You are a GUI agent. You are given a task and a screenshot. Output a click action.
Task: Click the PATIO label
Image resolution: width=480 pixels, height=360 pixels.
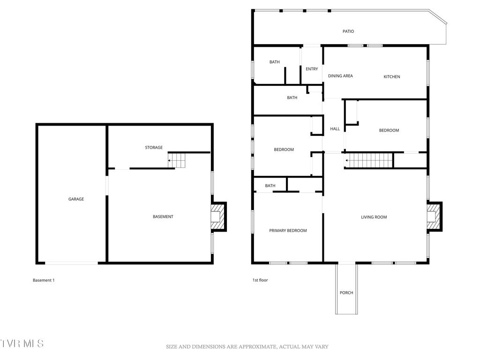[348, 31]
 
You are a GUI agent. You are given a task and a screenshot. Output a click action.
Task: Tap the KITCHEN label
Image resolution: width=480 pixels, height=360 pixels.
[392, 76]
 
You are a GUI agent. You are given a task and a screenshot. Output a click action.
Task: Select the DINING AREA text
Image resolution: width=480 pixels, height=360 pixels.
[340, 76]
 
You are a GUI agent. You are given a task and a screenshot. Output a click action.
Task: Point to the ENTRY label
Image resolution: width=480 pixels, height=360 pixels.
[312, 69]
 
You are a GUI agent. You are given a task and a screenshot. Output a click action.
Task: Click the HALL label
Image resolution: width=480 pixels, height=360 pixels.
[335, 129]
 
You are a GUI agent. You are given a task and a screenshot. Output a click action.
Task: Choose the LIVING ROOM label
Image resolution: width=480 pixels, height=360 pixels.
[374, 217]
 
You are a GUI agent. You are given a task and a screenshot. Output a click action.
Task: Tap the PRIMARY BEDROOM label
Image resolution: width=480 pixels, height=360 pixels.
[288, 231]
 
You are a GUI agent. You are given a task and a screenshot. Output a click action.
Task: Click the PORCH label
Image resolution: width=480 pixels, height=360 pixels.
[346, 293]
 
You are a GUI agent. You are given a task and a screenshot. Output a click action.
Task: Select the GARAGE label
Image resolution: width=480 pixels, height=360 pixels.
[76, 199]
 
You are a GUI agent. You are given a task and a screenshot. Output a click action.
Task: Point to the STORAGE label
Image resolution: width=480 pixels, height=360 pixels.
[154, 148]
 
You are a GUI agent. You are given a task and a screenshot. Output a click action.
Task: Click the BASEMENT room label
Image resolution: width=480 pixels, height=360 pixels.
[163, 217]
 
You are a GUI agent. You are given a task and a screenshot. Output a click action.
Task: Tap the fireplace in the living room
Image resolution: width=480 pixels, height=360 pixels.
[435, 217]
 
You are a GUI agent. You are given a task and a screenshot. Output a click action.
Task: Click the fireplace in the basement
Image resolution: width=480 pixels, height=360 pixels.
[218, 217]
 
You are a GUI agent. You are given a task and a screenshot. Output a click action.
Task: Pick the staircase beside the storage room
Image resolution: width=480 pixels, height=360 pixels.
[177, 161]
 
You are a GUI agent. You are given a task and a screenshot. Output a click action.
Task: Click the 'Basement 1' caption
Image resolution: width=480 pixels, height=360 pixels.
[44, 280]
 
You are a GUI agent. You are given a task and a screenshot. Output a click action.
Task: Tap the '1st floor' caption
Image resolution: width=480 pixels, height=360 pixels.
[260, 280]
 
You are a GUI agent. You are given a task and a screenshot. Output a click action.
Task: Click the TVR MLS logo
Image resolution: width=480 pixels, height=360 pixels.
[22, 343]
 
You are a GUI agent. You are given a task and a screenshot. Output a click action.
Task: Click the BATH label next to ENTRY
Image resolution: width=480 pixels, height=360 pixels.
[274, 62]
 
